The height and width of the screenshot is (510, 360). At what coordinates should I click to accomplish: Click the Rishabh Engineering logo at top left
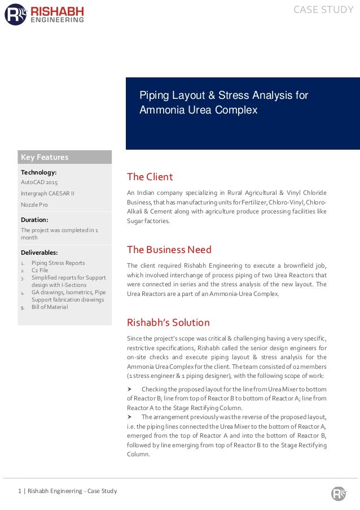45,14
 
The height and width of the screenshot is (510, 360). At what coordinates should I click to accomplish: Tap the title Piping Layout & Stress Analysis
224,102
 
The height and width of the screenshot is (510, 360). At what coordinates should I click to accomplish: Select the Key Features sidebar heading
45,157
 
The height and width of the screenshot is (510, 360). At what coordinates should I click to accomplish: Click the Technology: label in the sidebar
38,172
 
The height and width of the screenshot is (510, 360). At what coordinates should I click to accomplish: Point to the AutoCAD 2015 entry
39,182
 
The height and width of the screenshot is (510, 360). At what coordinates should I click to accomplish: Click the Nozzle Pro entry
34,204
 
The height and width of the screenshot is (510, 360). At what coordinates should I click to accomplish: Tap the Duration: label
34,219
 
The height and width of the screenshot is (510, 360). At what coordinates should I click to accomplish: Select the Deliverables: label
39,252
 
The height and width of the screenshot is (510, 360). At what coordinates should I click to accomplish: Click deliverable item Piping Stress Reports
58,263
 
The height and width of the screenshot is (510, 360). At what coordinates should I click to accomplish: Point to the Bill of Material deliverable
50,307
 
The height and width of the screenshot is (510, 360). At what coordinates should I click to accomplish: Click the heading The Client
150,177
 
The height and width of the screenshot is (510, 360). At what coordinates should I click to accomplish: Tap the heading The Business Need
169,249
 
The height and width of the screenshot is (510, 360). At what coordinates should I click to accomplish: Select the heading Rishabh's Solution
168,322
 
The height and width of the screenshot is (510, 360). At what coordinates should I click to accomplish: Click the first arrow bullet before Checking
130,390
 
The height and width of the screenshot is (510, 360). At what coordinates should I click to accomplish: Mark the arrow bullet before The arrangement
130,416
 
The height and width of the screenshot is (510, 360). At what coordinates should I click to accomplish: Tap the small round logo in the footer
338,493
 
